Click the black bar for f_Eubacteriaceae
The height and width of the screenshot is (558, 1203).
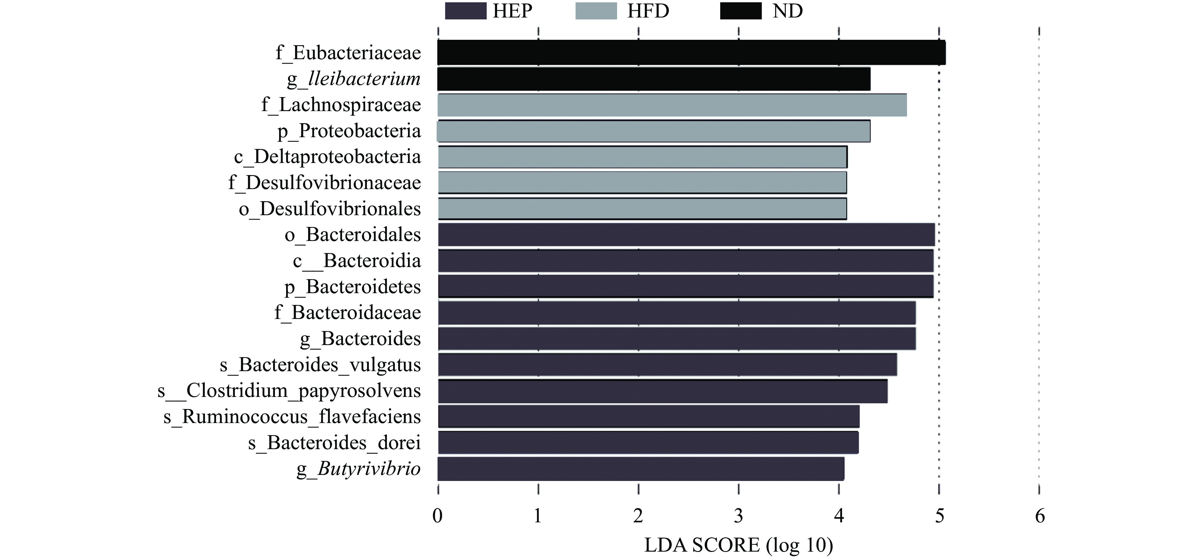tap(691, 52)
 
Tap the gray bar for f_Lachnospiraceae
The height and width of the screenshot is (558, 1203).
tap(672, 105)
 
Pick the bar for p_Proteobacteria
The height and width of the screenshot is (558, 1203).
tap(654, 131)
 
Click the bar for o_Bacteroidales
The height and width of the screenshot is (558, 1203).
tap(686, 234)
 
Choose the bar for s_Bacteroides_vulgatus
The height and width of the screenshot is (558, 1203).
tap(667, 365)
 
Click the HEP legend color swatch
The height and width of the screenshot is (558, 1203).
tap(466, 11)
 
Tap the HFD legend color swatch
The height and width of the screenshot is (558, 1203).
tap(596, 11)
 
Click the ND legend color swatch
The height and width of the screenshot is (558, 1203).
tap(741, 11)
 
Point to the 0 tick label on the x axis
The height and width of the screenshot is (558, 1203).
tap(438, 516)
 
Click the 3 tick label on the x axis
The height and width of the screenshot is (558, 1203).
tap(738, 516)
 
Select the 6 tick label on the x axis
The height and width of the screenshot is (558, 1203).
tap(1039, 516)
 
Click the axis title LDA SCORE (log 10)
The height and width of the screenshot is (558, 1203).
tap(738, 545)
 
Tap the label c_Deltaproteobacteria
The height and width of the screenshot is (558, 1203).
tap(327, 157)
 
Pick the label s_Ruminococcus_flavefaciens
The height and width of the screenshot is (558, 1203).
tap(292, 417)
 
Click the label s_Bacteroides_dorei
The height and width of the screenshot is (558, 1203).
tap(334, 443)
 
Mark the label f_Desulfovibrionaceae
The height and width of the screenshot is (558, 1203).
tap(325, 183)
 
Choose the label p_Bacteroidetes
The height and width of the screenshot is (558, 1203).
tap(353, 287)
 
